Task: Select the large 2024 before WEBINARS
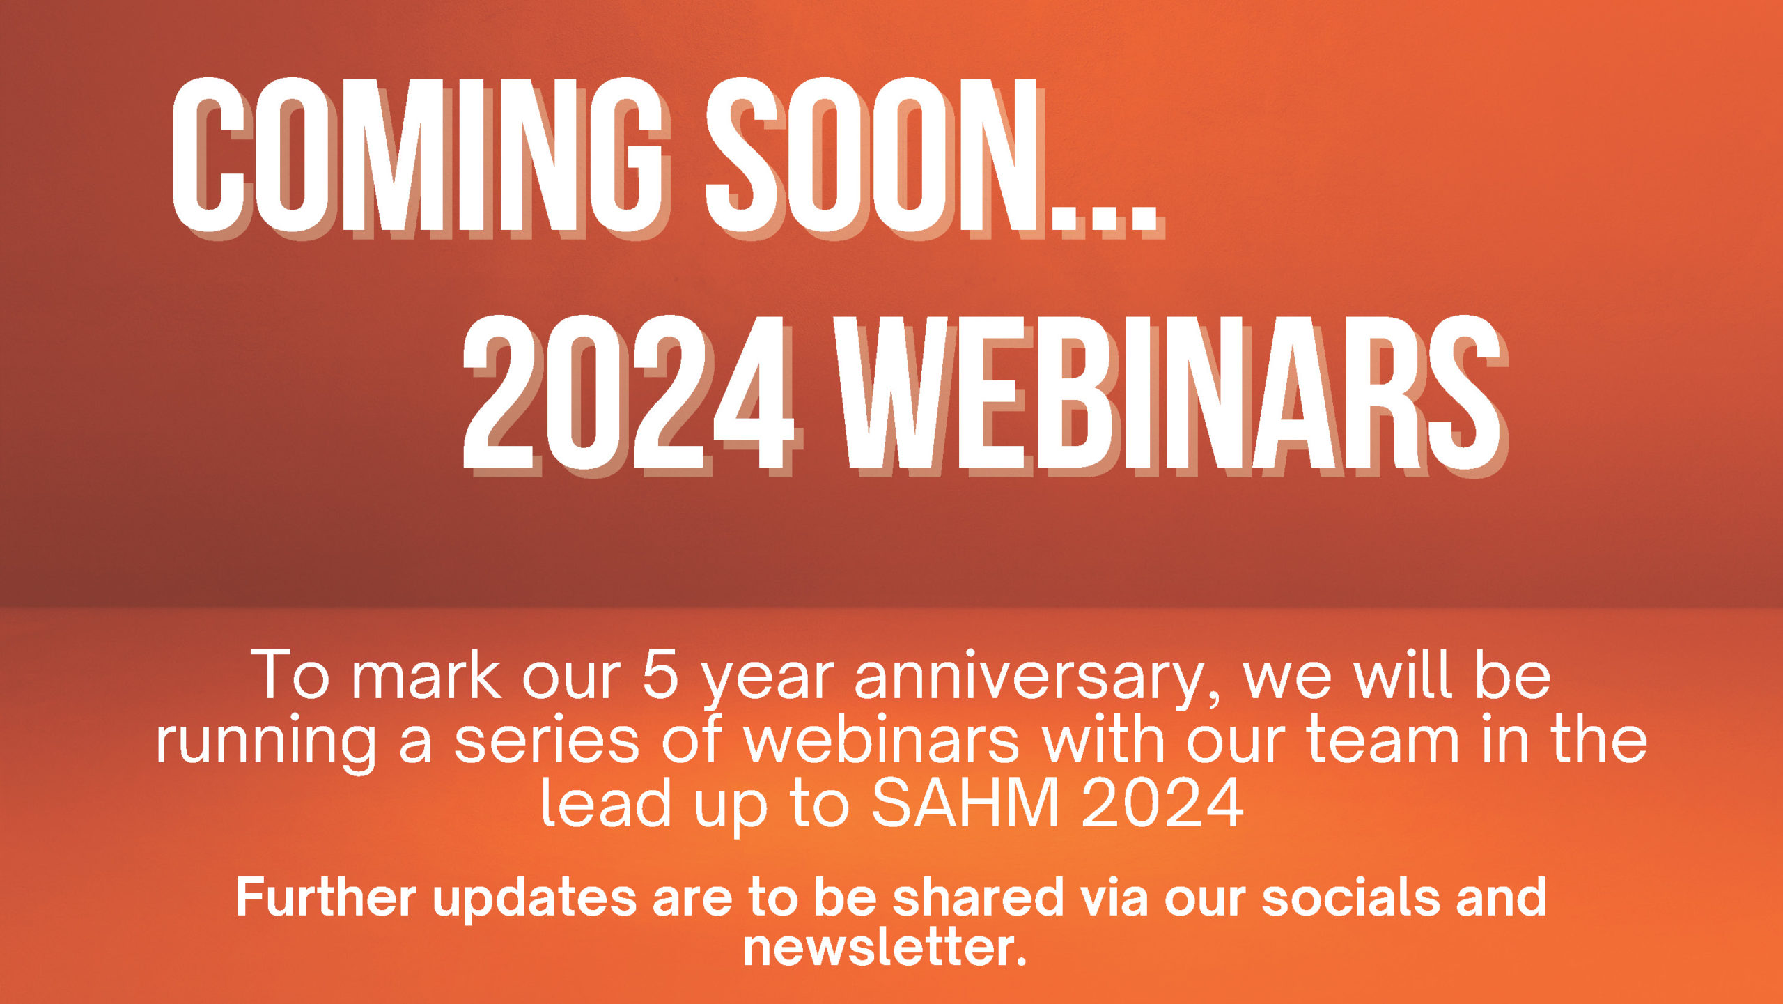[x=630, y=394]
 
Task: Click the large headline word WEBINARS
[x=1170, y=394]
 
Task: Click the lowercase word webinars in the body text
[x=881, y=739]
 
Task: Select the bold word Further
[x=326, y=897]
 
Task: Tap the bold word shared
[x=978, y=897]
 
